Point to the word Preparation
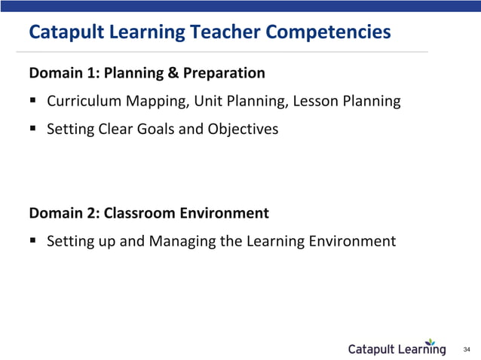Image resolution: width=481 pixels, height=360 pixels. [224, 73]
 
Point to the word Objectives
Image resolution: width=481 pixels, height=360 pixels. [244, 129]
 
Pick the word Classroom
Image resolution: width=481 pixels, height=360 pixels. [140, 213]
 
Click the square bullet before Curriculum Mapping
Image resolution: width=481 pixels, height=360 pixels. [34, 101]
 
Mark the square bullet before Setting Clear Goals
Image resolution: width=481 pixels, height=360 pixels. [34, 129]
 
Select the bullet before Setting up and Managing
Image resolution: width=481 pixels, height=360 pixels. [34, 241]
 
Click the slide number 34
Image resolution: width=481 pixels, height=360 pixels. [466, 349]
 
